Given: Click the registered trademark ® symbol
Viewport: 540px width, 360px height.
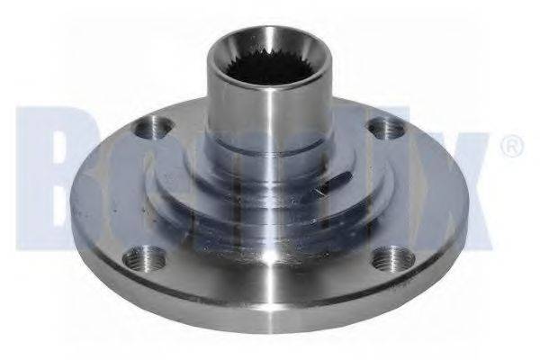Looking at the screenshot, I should tap(509, 144).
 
